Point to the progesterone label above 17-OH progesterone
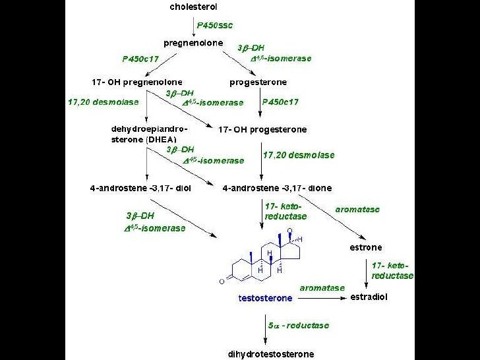point(258,82)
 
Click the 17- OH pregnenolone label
point(136,82)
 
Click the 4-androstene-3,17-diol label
point(140,188)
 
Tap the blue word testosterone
point(264,298)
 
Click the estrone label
point(365,247)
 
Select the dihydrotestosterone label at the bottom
point(271,354)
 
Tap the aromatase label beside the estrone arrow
point(357,209)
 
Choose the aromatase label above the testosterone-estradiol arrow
point(322,288)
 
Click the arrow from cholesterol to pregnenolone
point(193,26)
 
